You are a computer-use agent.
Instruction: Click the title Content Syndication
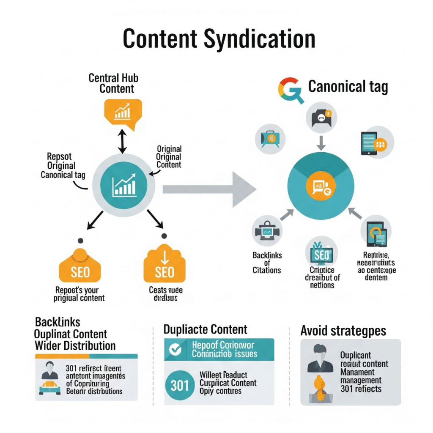click(219, 39)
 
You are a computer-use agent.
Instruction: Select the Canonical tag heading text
click(348, 87)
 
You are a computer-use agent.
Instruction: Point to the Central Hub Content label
click(113, 83)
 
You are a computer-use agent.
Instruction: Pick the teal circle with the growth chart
click(124, 185)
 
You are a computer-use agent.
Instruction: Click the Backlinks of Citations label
click(267, 263)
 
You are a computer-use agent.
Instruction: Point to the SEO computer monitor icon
click(322, 254)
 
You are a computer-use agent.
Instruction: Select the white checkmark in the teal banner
click(175, 349)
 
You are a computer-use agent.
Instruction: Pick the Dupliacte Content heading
click(206, 329)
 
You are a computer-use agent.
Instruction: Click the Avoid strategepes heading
click(343, 330)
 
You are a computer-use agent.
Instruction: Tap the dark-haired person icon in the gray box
click(320, 359)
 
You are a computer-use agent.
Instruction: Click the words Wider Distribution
click(75, 345)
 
